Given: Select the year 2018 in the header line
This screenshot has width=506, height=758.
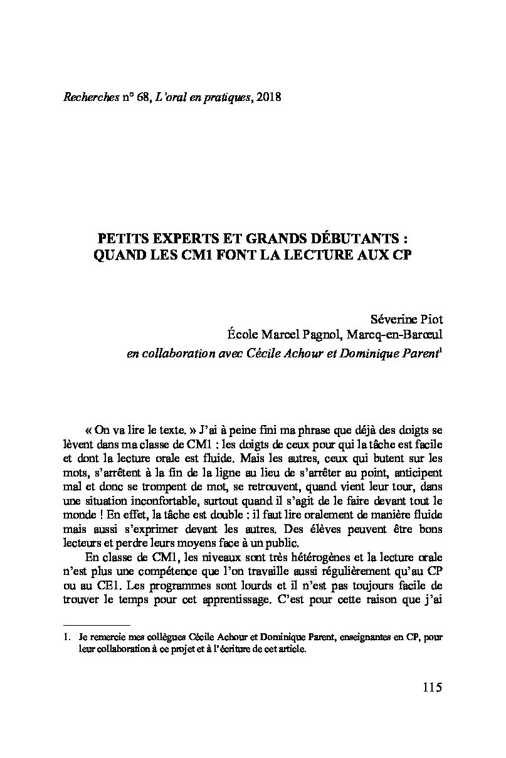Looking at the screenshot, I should [x=268, y=97].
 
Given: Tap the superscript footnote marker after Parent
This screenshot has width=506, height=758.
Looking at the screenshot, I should [x=442, y=350].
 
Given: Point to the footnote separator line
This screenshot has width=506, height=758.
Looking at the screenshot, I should [x=97, y=624].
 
